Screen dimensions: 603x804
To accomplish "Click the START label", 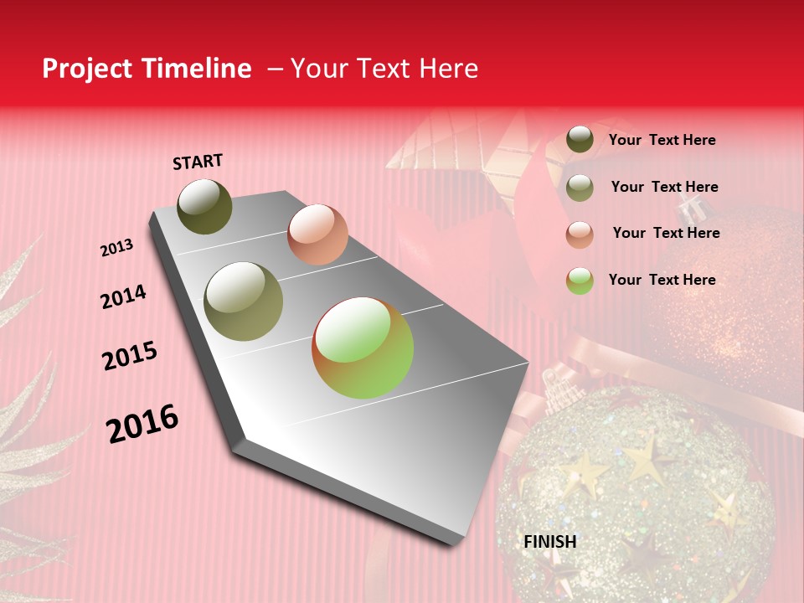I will tap(198, 162).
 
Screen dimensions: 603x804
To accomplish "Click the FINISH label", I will tap(549, 542).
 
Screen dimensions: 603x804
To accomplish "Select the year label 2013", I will tap(116, 248).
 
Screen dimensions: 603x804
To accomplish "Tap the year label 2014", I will tap(123, 297).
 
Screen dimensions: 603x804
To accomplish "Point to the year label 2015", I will tap(130, 356).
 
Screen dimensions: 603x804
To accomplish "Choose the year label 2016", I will tap(142, 424).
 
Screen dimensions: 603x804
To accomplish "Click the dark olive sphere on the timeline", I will tap(204, 206).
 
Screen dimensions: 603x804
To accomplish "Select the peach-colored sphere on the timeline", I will tap(317, 234).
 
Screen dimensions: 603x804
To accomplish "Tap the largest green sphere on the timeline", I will tap(363, 348).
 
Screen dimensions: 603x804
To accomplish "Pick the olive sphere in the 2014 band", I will tap(244, 301).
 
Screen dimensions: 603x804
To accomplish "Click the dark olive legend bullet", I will tap(580, 140).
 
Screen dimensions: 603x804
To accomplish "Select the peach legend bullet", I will tap(580, 234).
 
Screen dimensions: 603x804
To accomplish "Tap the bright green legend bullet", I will tap(580, 281).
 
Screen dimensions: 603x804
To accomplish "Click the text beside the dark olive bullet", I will tap(662, 140).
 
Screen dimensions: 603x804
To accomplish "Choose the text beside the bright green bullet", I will tap(662, 280).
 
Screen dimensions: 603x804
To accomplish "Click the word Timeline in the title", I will tap(196, 69).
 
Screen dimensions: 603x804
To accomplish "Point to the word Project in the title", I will tap(87, 69).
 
